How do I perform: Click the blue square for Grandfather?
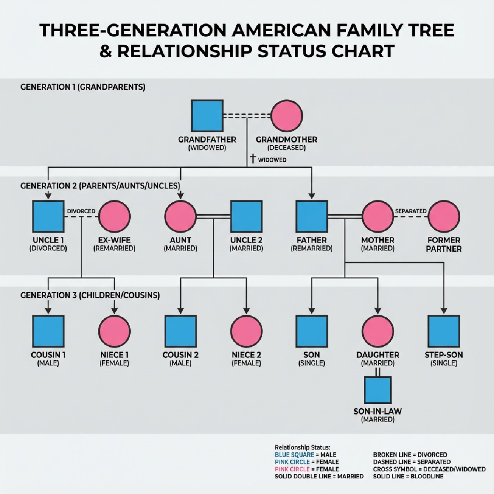(x=207, y=116)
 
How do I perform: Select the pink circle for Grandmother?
(x=287, y=116)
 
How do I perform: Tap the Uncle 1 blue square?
(x=48, y=217)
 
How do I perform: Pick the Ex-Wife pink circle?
(x=114, y=217)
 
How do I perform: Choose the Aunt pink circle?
(x=180, y=217)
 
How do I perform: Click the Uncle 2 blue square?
(x=246, y=217)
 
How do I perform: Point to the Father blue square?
(x=312, y=217)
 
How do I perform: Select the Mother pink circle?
(x=377, y=217)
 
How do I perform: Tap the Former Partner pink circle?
(x=444, y=217)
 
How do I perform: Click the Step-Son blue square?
(x=444, y=331)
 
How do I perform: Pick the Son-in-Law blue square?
(x=378, y=390)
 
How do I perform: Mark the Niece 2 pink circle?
(x=246, y=331)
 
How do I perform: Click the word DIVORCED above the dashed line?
(x=81, y=211)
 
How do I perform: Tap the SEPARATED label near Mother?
(x=411, y=211)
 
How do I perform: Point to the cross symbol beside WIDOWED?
(x=253, y=158)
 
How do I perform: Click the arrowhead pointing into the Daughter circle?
(x=377, y=311)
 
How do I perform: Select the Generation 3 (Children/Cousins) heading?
(x=90, y=295)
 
